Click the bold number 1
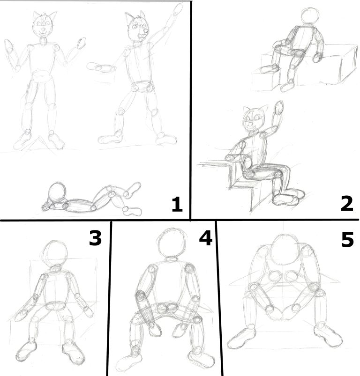[x=177, y=204]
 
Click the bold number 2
[x=347, y=204]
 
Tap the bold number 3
[x=95, y=238]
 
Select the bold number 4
[x=206, y=238]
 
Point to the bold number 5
[x=347, y=239]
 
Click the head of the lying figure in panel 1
[x=57, y=192]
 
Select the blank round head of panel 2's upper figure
[x=310, y=15]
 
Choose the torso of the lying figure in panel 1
[x=80, y=206]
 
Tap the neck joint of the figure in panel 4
[x=172, y=259]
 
